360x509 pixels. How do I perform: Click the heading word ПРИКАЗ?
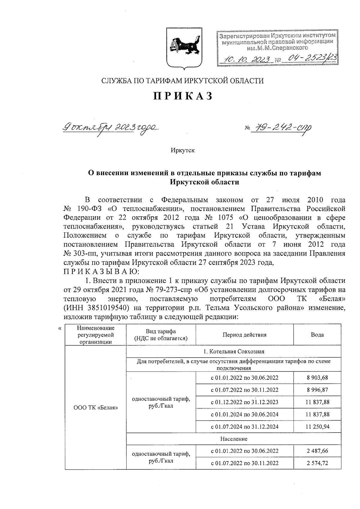click(x=183, y=96)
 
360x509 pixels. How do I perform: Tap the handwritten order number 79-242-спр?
click(x=282, y=128)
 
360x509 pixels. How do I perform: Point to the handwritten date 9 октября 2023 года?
click(x=110, y=127)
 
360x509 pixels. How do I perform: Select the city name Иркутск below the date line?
click(x=183, y=150)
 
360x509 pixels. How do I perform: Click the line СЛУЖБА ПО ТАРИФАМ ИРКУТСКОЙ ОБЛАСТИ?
click(x=183, y=81)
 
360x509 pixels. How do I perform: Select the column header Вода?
click(x=317, y=335)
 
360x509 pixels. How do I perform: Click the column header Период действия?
click(x=244, y=335)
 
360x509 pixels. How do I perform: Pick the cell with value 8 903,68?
click(x=317, y=378)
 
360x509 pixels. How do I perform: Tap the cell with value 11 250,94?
click(x=317, y=427)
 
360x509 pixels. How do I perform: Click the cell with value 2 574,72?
click(x=317, y=463)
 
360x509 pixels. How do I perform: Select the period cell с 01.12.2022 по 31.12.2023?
click(x=244, y=402)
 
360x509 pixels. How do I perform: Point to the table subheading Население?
click(x=234, y=439)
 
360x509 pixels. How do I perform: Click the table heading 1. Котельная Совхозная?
click(x=234, y=352)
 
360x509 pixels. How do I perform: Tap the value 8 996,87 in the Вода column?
click(x=317, y=390)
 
